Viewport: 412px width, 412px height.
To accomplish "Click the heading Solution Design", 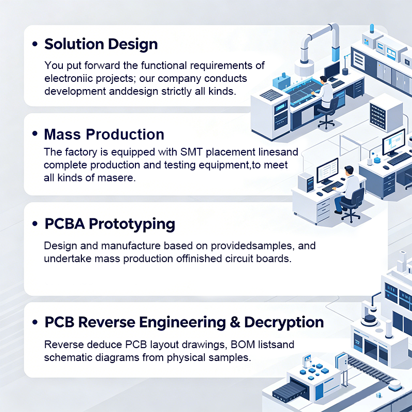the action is [x=101, y=44].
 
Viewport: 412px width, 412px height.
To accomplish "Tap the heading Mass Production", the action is [x=104, y=134].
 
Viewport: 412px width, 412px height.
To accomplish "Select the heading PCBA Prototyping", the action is [x=110, y=224].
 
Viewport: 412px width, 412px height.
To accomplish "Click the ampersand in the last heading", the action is [x=235, y=322].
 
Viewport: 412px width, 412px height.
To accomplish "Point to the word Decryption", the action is [x=284, y=323].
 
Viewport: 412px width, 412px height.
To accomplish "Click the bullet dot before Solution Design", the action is [x=35, y=44].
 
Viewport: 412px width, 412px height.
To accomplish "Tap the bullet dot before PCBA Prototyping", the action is [x=35, y=224].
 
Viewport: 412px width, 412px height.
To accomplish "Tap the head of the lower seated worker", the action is [x=349, y=170].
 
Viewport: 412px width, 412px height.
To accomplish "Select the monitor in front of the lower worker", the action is [x=327, y=171].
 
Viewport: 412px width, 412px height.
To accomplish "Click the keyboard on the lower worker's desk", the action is [x=332, y=187].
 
